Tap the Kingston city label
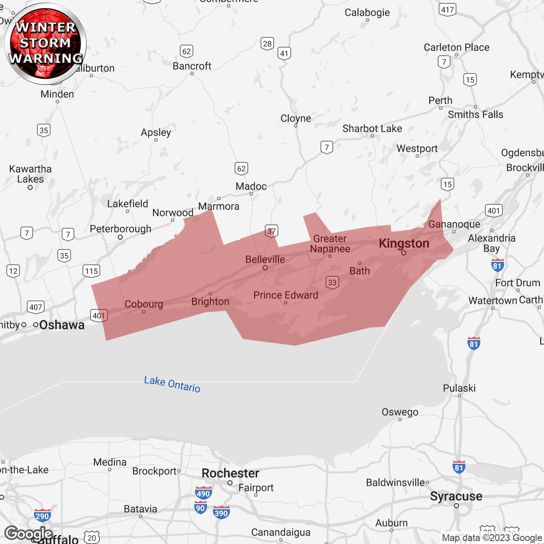tap(404, 244)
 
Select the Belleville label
tap(265, 259)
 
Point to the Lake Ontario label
tap(172, 384)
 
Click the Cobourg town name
tap(144, 304)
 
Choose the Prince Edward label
tap(286, 295)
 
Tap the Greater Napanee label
tap(330, 244)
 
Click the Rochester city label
tap(230, 473)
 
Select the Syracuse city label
tap(456, 496)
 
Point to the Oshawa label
tap(62, 325)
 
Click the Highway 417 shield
tap(448, 9)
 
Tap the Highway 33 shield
tap(332, 282)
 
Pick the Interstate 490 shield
tap(203, 493)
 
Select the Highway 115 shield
tap(91, 271)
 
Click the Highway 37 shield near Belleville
tap(271, 231)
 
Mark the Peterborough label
tap(120, 229)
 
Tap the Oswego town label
tap(400, 412)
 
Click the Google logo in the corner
tap(28, 533)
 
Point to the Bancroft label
tap(192, 66)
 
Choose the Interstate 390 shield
tap(221, 513)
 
